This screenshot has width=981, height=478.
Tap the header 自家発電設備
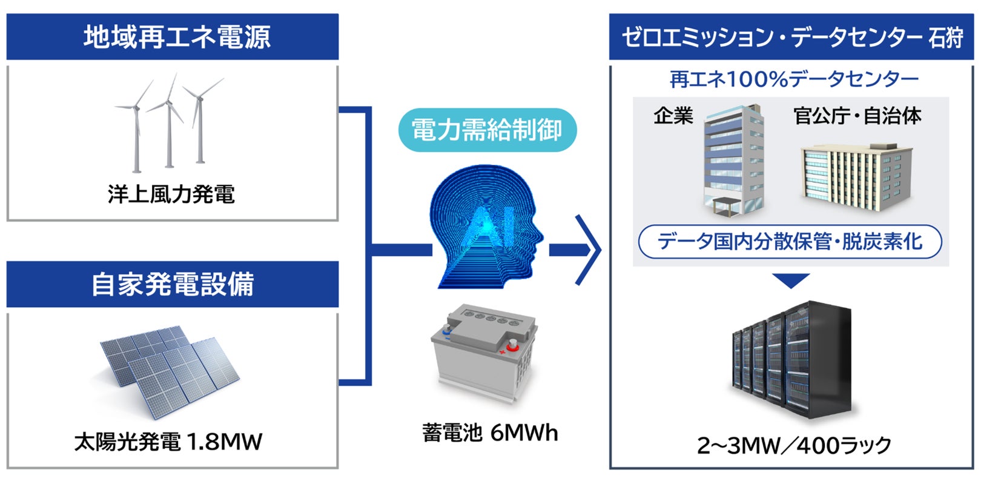[173, 284]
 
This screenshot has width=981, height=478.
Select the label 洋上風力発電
[171, 194]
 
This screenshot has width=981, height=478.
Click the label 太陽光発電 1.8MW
[168, 442]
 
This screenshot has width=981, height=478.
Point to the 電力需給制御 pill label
[487, 130]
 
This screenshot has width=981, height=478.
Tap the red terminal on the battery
[512, 345]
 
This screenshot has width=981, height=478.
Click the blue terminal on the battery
[447, 331]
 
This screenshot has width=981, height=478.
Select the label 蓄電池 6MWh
[490, 433]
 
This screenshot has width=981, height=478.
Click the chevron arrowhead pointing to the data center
[587, 249]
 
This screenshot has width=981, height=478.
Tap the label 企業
[673, 116]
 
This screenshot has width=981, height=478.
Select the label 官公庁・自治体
[857, 116]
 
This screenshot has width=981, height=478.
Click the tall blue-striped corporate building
[733, 161]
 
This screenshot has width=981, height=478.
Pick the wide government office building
[854, 177]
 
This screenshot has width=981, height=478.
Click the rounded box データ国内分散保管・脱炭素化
[790, 242]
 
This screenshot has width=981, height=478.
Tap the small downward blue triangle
[791, 281]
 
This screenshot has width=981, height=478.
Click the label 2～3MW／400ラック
[794, 445]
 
